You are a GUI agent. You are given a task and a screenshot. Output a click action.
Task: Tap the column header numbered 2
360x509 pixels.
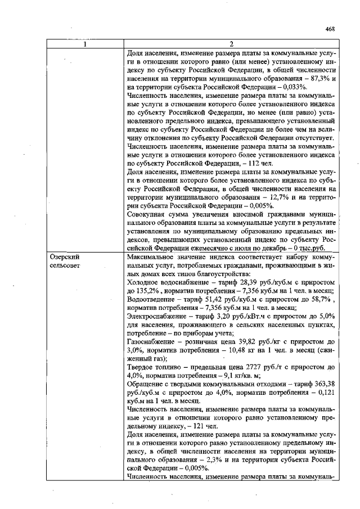click(231, 45)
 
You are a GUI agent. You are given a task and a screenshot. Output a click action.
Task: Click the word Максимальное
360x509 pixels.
click(152, 256)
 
